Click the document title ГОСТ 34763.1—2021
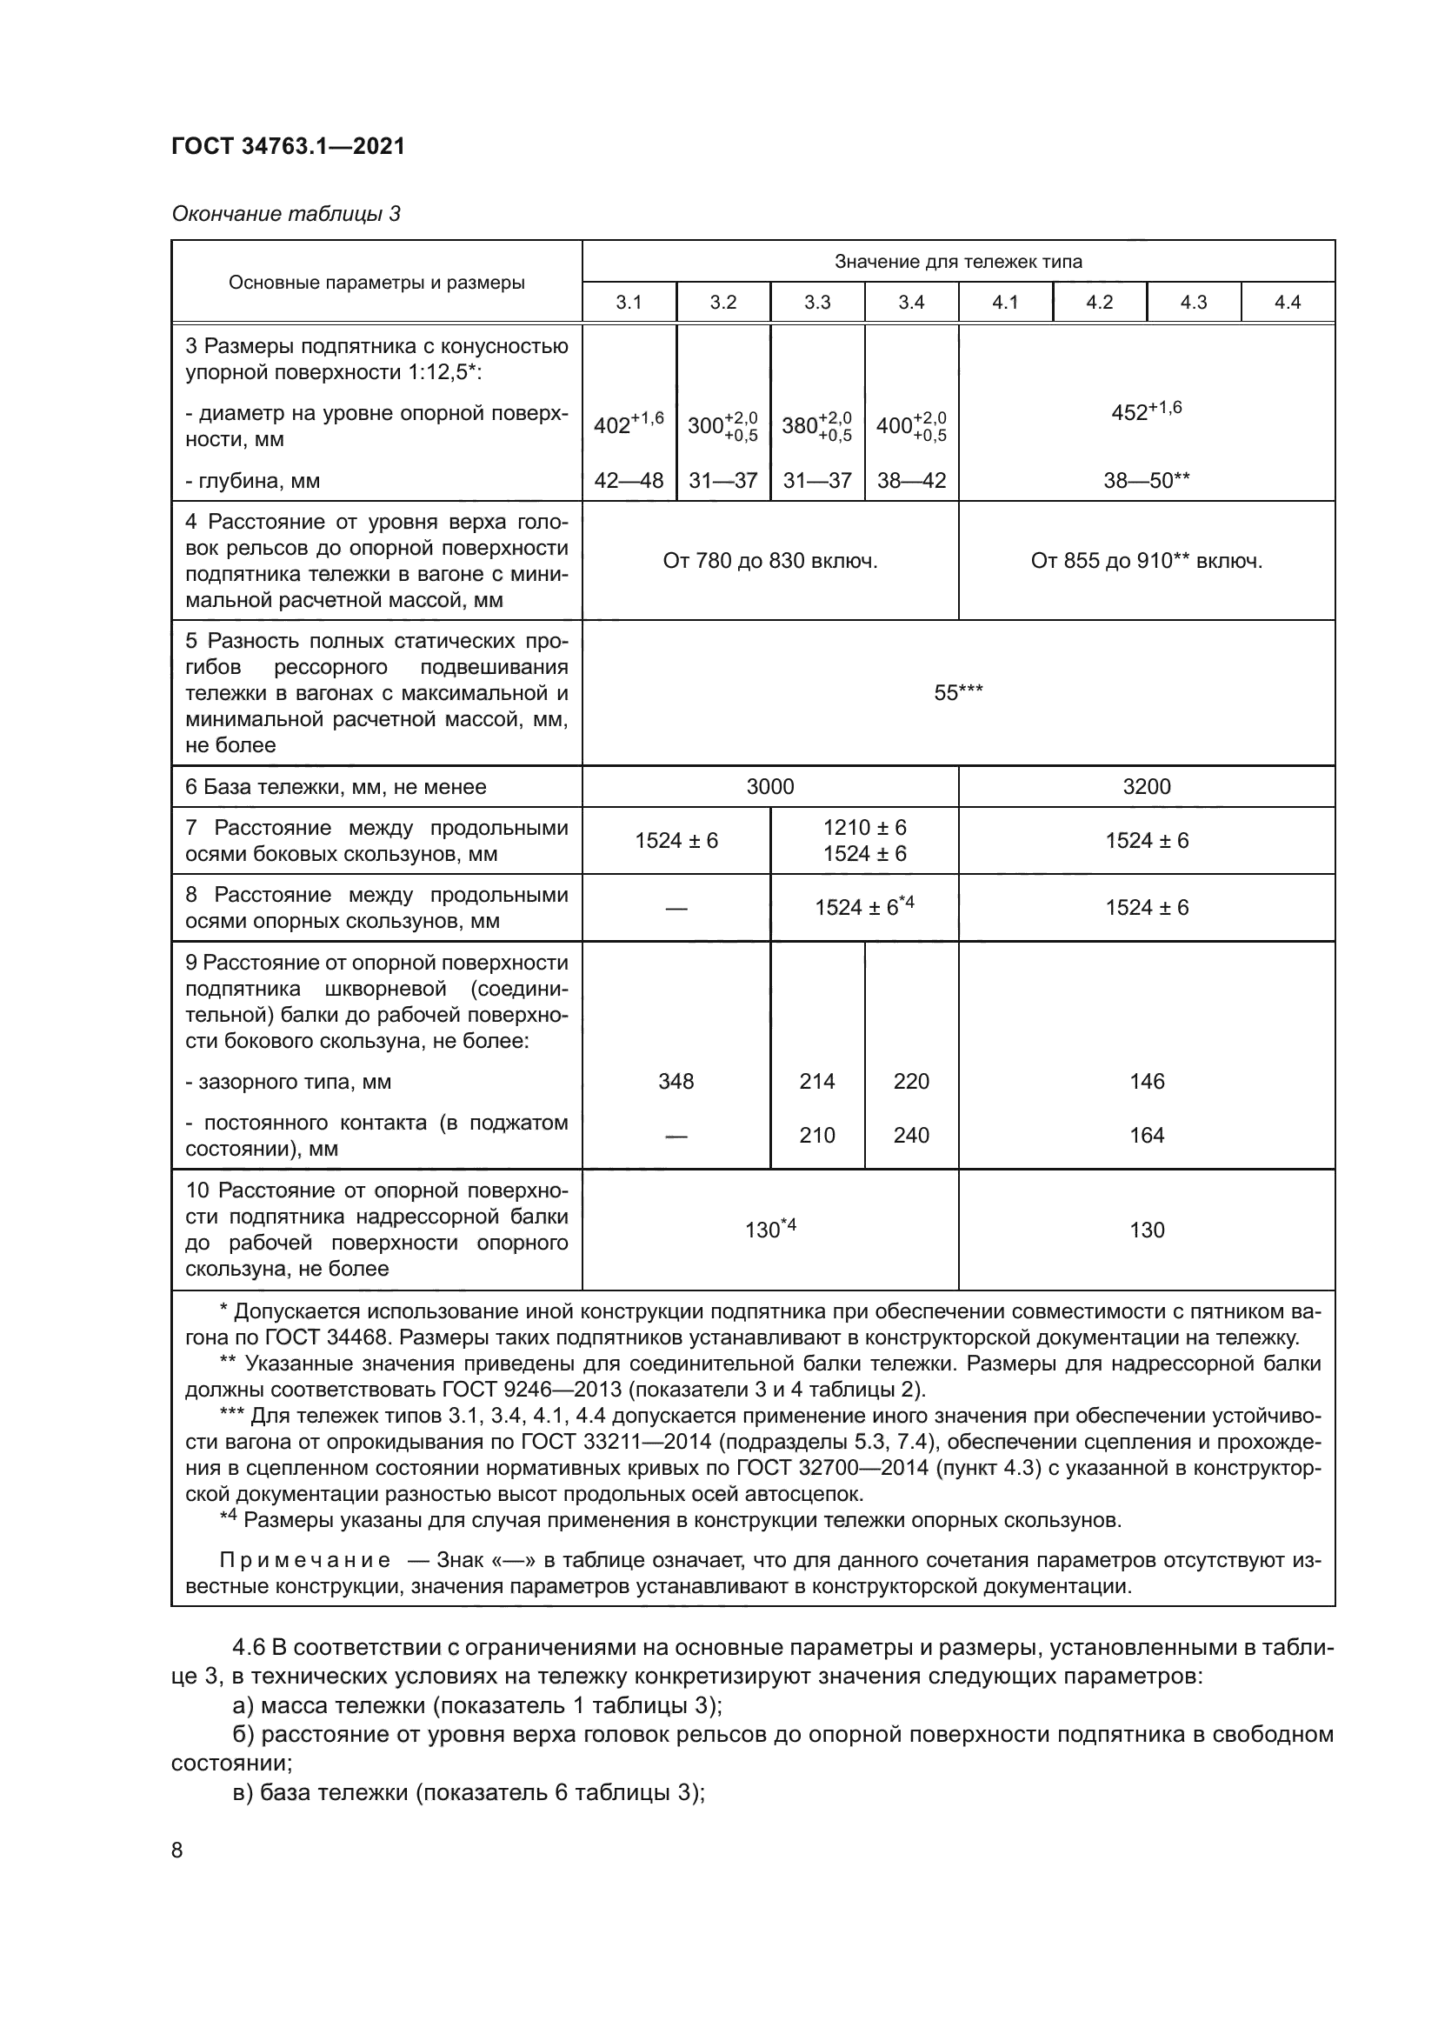click(288, 147)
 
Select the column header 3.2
click(722, 303)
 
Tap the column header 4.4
click(1287, 303)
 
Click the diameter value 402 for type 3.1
click(628, 425)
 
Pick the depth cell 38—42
click(911, 481)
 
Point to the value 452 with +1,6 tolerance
click(1146, 412)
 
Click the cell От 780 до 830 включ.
click(769, 561)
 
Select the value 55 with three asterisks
click(958, 693)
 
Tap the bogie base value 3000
click(769, 787)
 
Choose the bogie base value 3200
click(1146, 787)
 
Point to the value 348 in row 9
click(676, 1082)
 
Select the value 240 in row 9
click(911, 1136)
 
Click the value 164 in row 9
click(1146, 1136)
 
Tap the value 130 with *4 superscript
click(769, 1230)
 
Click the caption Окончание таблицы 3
click(285, 215)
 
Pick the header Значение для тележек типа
click(958, 263)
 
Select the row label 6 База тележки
click(336, 788)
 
